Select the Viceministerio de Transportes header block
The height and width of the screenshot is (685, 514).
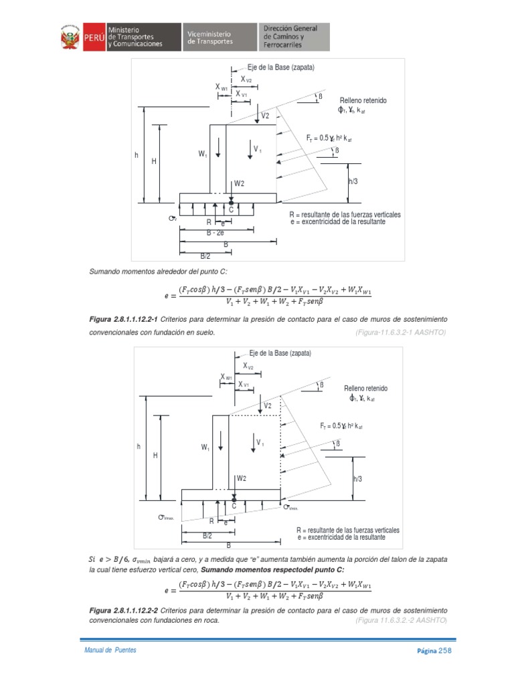pyautogui.click(x=218, y=37)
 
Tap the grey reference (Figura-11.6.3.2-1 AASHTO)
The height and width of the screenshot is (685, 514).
pyautogui.click(x=396, y=332)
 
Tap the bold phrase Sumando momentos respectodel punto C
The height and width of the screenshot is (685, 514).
pyautogui.click(x=272, y=569)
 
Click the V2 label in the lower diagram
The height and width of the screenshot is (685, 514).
pyautogui.click(x=268, y=406)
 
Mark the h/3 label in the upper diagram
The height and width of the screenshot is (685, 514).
pyautogui.click(x=353, y=181)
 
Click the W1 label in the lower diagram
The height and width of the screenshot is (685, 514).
pyautogui.click(x=205, y=447)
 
